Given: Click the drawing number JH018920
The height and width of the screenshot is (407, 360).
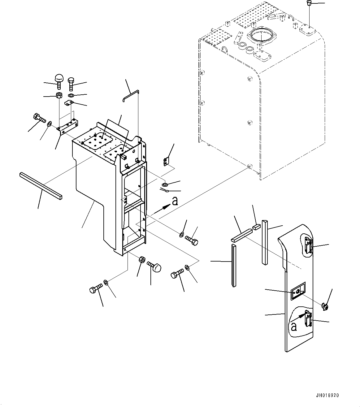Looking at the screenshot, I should click(327, 396).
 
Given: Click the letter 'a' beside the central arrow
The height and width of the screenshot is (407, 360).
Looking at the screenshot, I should click(175, 201).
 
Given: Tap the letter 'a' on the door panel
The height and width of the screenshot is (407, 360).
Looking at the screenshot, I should click(294, 326).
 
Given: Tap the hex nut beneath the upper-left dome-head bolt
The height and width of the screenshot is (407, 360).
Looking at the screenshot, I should click(59, 95).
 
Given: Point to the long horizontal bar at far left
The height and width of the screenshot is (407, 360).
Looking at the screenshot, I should click(41, 185).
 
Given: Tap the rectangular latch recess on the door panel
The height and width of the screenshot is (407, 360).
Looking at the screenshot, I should click(298, 291).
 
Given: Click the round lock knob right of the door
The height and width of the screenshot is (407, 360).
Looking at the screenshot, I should click(325, 307).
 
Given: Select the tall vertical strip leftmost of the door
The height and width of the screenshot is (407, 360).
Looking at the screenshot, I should click(234, 265).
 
